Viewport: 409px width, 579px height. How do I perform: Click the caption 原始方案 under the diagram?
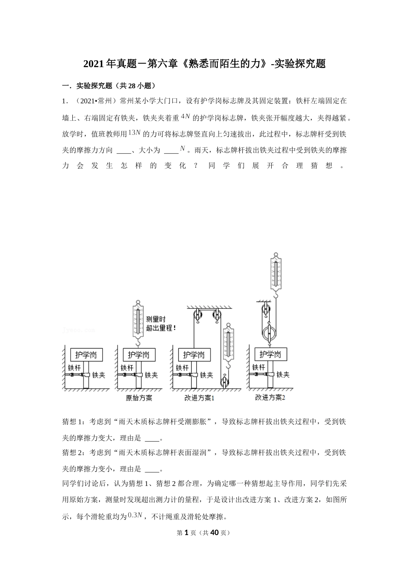click(x=139, y=398)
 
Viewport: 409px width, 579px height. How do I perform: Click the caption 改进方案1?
click(x=199, y=398)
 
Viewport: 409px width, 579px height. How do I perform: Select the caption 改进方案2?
click(x=270, y=397)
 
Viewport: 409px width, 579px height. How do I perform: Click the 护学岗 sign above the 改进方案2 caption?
click(x=270, y=355)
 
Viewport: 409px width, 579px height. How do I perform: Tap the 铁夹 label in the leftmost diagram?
click(x=99, y=375)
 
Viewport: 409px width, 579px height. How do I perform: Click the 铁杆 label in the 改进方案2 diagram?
click(x=258, y=367)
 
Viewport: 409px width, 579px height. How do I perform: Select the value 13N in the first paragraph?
click(x=134, y=133)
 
